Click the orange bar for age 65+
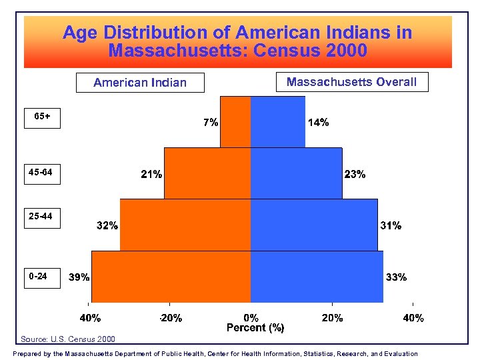tap(235, 121)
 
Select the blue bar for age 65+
tap(277, 121)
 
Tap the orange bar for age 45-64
tap(207, 173)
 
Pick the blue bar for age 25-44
tap(313, 225)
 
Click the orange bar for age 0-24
tap(171, 276)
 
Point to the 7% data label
tap(210, 123)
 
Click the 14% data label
tap(318, 123)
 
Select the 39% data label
tap(80, 277)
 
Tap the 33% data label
tap(396, 277)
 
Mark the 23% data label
tap(354, 175)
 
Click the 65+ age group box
tap(42, 117)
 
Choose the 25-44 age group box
tap(42, 216)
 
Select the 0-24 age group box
tap(42, 276)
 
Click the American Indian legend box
tap(140, 83)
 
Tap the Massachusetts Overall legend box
tap(351, 82)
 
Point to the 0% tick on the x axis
tap(251, 318)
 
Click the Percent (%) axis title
tap(255, 328)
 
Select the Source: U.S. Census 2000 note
tap(68, 339)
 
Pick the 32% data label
tap(107, 226)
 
